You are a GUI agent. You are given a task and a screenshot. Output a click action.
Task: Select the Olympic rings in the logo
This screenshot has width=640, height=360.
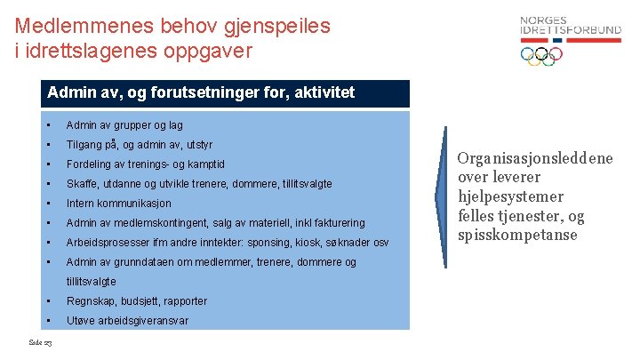pyautogui.click(x=541, y=55)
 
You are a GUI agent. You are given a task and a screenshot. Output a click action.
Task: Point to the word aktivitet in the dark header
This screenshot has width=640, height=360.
pyautogui.click(x=323, y=92)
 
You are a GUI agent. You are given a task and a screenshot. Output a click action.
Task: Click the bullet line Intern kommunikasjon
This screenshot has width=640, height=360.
pyautogui.click(x=118, y=204)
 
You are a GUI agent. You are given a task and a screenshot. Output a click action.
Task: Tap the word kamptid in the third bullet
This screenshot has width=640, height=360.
pyautogui.click(x=205, y=164)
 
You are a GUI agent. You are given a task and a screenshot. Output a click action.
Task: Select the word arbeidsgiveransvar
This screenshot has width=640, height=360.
pyautogui.click(x=143, y=321)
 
